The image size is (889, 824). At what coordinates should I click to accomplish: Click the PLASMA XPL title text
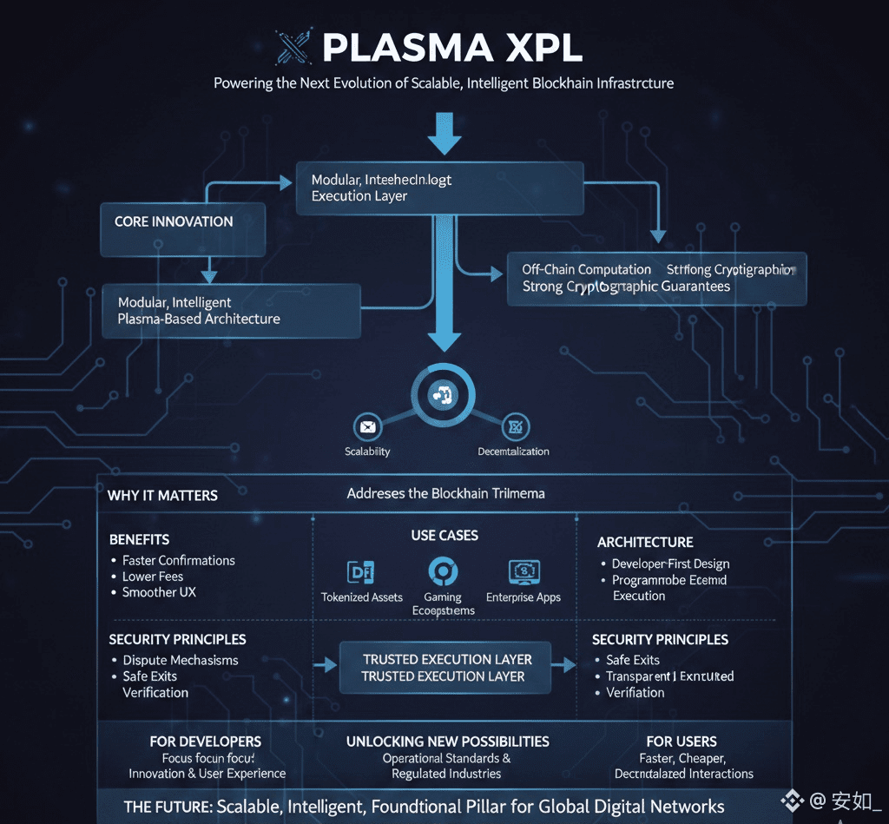click(452, 48)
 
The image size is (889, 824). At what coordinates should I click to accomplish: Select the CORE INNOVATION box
click(182, 229)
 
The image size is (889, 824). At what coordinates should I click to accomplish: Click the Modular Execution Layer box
click(439, 188)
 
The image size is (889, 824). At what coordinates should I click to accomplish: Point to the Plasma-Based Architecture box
click(231, 311)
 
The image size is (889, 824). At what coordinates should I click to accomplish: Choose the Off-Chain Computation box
click(656, 279)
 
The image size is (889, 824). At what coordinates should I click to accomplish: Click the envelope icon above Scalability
click(368, 426)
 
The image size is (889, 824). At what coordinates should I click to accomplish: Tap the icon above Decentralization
click(515, 426)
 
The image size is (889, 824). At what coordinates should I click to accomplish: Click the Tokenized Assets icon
click(360, 571)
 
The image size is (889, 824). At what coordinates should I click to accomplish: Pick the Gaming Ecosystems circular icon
click(443, 570)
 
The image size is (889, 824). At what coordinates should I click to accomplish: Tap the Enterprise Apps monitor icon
click(524, 571)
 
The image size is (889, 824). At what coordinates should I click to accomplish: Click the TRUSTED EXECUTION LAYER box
click(445, 668)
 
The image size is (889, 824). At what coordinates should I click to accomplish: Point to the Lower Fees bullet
click(153, 577)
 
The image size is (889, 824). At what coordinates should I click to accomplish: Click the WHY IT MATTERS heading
click(162, 496)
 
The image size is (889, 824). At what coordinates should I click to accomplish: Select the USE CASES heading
click(444, 536)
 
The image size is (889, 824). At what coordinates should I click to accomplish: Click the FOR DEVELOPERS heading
click(206, 742)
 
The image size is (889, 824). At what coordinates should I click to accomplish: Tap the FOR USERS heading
click(682, 742)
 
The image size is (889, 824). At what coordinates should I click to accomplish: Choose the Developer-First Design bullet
click(670, 564)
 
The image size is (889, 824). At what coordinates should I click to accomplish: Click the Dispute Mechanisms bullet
click(180, 661)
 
